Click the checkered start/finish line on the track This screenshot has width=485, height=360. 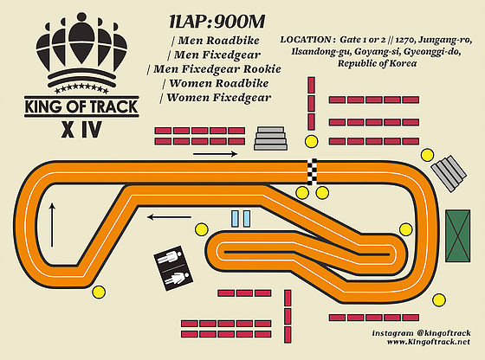coord(312,172)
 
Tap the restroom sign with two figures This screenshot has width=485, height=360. coord(173,268)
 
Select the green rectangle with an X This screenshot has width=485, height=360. coord(458,235)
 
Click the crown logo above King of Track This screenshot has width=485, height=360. coord(81,53)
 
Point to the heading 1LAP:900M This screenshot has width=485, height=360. coord(217,22)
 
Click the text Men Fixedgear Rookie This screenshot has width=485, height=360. coord(215,69)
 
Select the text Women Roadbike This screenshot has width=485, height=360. coord(216,83)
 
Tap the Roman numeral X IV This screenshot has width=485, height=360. coord(81,130)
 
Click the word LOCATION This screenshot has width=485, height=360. coord(306,40)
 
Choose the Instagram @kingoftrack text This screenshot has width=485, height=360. coord(421,333)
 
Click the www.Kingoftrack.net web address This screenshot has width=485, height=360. coord(429,342)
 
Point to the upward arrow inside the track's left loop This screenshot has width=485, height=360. coord(52,225)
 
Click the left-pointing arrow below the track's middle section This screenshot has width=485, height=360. coord(169,217)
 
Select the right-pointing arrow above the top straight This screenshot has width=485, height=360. coord(216,153)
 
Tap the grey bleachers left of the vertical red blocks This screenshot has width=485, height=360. coord(270,138)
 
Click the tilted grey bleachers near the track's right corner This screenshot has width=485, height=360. coord(449,173)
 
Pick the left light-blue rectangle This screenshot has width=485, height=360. coord(236,219)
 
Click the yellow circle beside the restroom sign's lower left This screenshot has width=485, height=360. coord(99,292)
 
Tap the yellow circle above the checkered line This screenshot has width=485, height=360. coord(311,142)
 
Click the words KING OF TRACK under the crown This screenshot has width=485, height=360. coord(81,106)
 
